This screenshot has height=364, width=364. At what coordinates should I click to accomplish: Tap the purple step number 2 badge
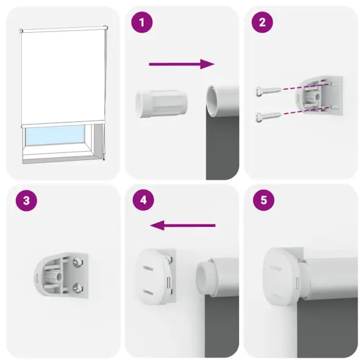262,23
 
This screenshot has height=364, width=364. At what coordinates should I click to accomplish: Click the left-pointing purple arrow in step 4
183,226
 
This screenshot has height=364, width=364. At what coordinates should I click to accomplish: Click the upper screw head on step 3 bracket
78,261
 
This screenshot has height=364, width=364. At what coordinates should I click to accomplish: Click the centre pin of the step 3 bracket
59,273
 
